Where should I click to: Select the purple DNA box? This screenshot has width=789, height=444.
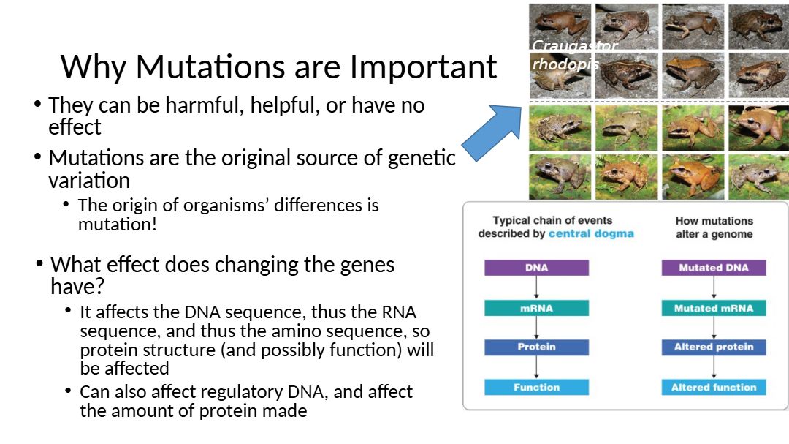536,268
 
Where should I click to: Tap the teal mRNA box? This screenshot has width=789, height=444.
536,308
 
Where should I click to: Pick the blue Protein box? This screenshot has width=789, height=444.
536,347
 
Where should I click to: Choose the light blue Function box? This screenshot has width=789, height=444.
536,387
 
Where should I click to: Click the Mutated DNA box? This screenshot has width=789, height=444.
714,268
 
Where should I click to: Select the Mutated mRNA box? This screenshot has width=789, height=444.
714,308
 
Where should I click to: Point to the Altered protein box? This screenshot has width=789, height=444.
714,347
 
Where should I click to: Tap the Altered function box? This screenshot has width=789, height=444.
714,387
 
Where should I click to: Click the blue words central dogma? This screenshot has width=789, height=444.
591,234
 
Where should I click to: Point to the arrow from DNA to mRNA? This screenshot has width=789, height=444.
536,287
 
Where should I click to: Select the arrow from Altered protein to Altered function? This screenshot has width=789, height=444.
714,367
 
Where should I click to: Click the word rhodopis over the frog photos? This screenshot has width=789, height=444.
565,64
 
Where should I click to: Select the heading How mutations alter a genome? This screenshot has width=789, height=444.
714,227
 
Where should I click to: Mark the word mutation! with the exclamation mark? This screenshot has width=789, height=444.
117,225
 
